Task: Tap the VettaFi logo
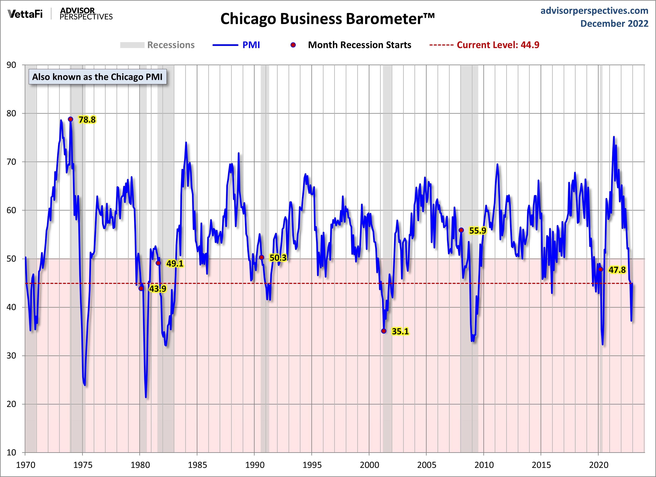(25, 14)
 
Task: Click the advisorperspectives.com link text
(594, 11)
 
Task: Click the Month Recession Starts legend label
(359, 45)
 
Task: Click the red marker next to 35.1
(384, 331)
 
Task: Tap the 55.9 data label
(477, 231)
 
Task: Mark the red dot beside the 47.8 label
(600, 269)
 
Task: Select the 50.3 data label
(278, 258)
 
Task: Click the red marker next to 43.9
(141, 288)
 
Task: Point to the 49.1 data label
(175, 263)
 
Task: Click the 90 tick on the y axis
(11, 65)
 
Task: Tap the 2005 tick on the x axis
(426, 465)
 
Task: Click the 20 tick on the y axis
(11, 404)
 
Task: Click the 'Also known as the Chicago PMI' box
(97, 77)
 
